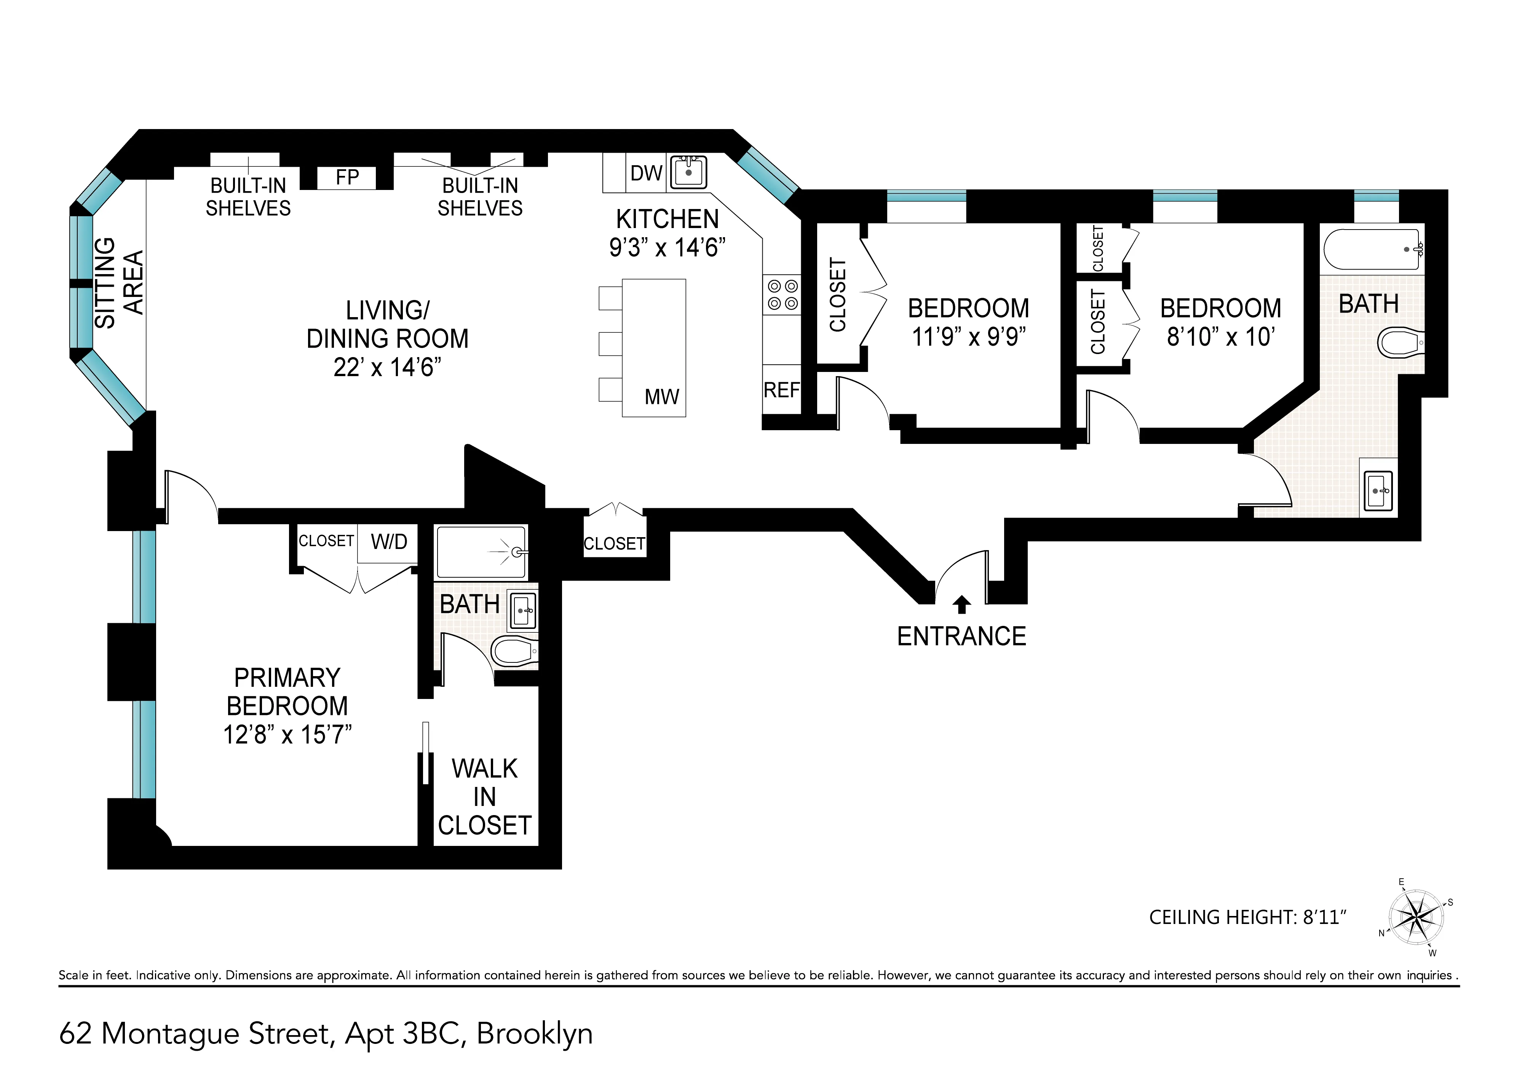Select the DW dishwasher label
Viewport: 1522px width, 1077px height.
tap(646, 173)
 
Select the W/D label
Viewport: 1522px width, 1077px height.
tap(389, 542)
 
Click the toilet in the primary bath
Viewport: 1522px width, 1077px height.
tap(514, 652)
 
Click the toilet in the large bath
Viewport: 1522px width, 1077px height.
tap(1399, 343)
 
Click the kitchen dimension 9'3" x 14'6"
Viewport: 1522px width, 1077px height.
tap(667, 247)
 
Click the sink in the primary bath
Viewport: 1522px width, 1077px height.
tap(522, 610)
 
